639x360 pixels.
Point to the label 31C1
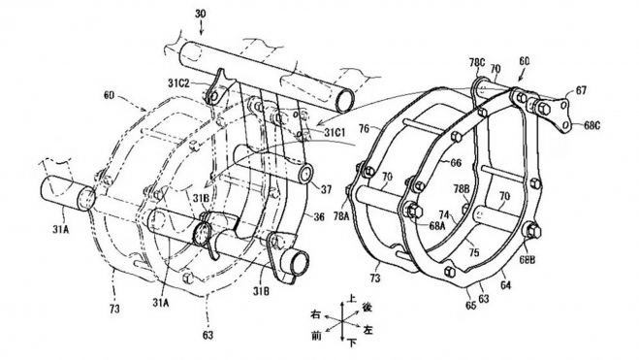[335, 131]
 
